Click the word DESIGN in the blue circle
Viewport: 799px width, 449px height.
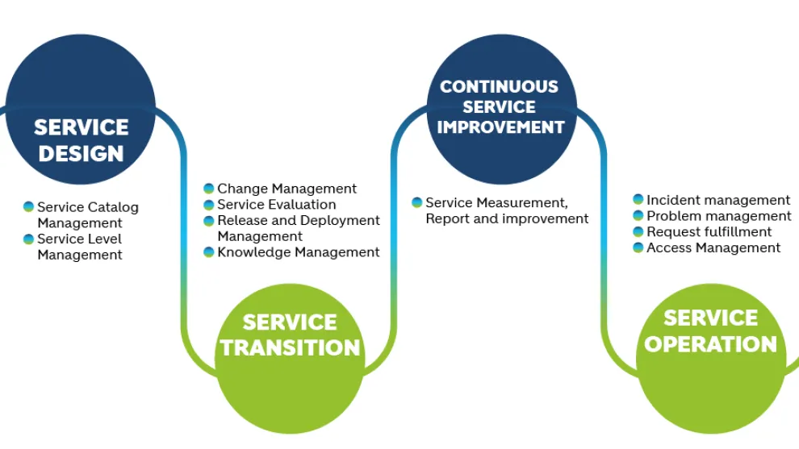81,153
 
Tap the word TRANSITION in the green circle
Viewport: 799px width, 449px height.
290,347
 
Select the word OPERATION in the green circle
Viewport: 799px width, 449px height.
710,344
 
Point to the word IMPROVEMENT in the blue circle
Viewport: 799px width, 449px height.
500,127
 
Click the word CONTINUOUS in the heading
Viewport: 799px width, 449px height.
499,86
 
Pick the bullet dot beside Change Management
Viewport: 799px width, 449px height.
208,189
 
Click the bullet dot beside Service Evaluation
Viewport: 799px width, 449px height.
208,205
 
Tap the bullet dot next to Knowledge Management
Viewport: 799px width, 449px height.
208,252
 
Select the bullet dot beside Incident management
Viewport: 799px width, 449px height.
638,199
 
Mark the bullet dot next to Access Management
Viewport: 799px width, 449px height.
638,248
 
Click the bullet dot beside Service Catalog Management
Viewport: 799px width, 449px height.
28,206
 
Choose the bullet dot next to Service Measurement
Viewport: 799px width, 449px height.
416,202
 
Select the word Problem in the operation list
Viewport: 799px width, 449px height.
670,216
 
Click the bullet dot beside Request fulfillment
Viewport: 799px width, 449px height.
638,232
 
